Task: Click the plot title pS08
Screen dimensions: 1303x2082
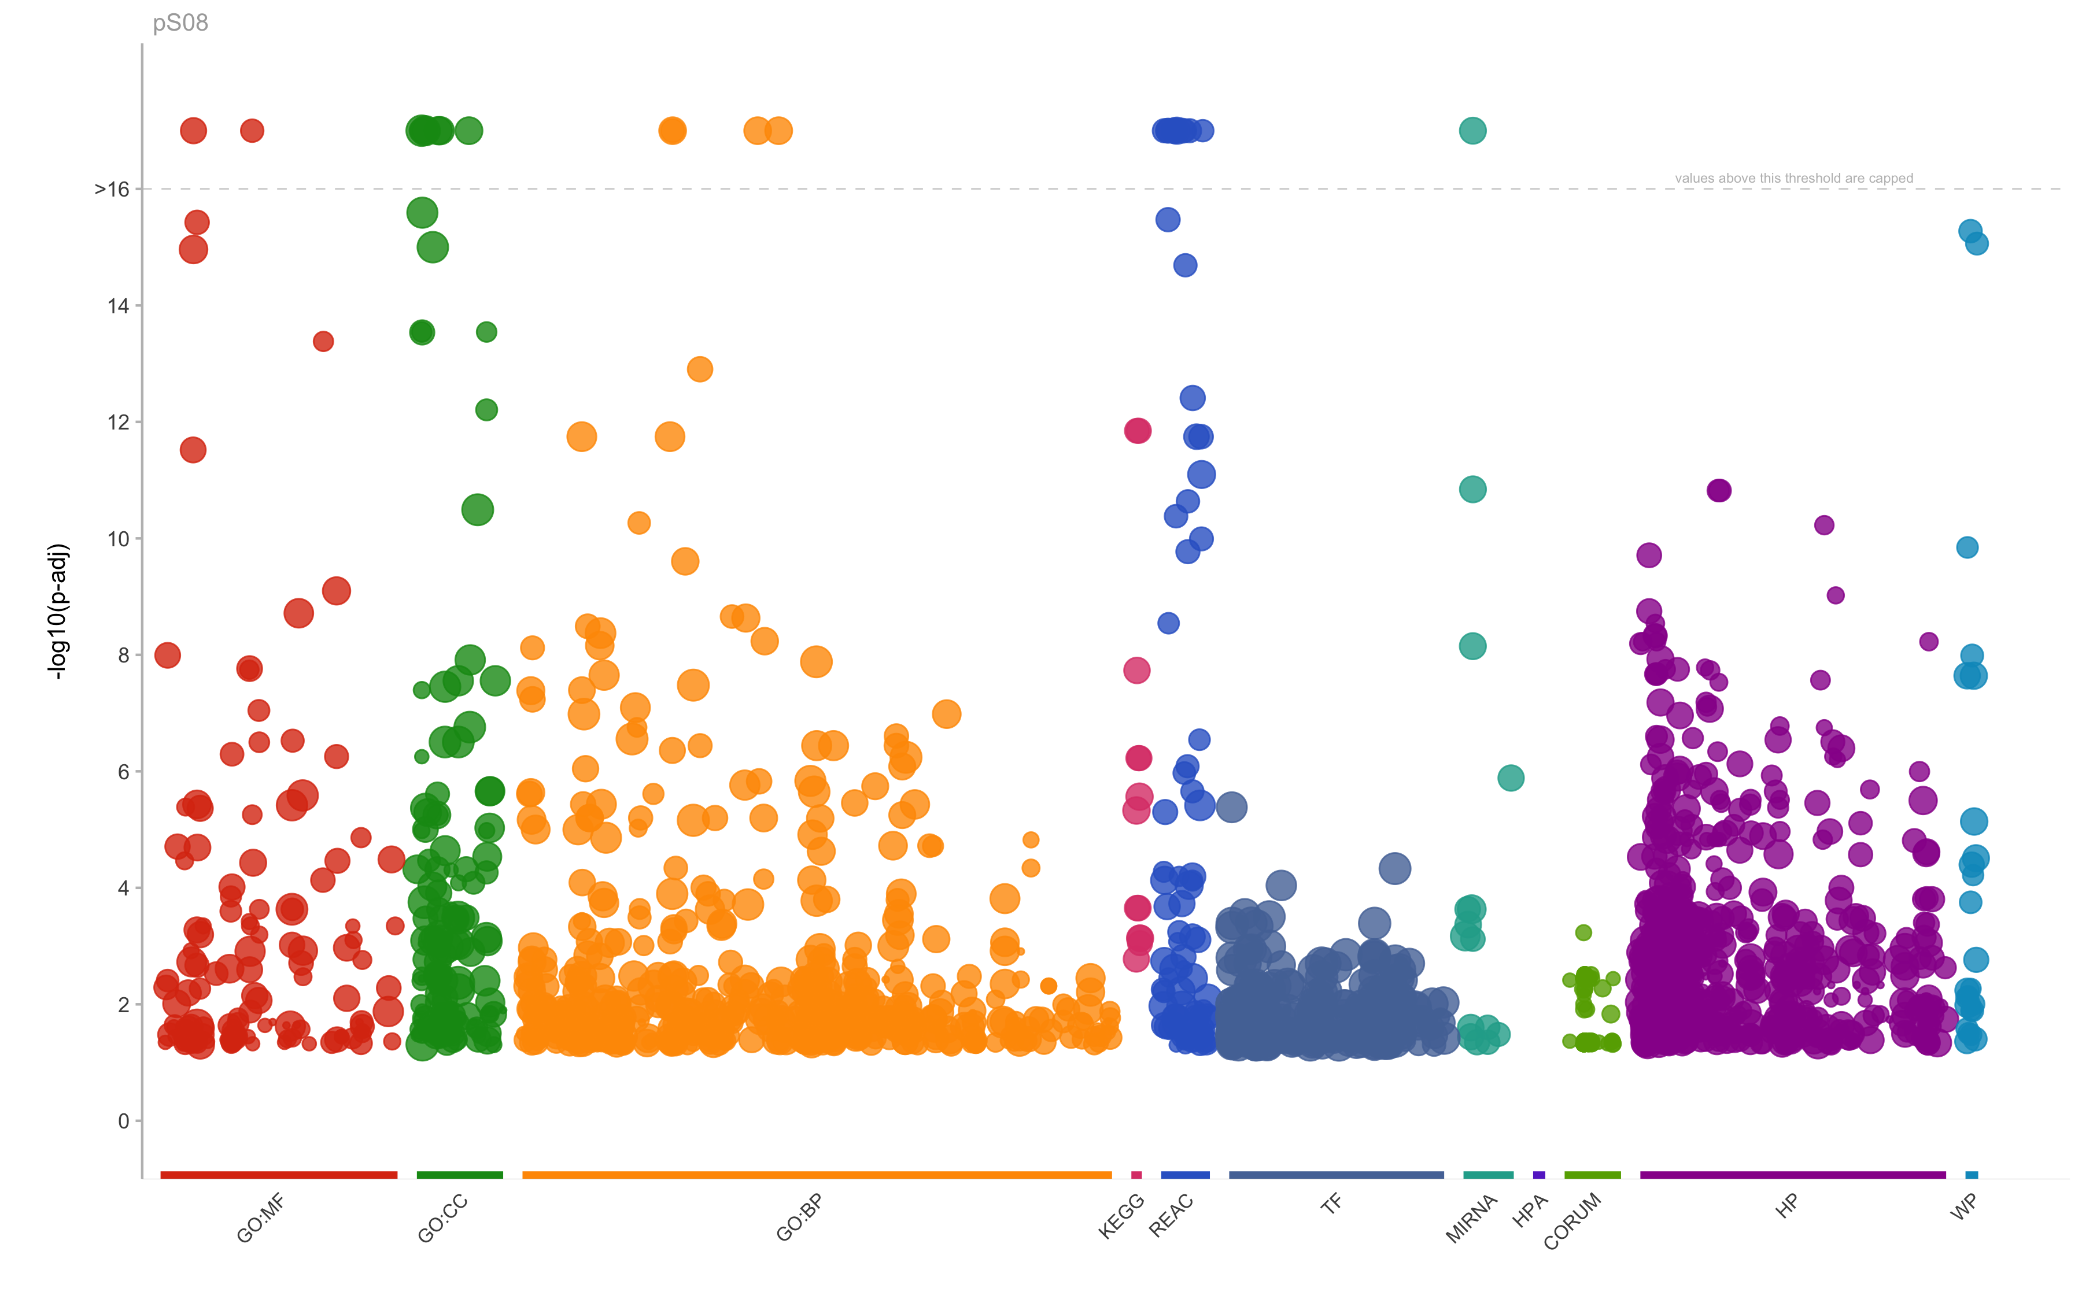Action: tap(180, 23)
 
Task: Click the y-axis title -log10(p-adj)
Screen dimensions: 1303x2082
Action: tap(58, 611)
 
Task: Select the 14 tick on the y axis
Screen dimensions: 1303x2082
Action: tap(118, 306)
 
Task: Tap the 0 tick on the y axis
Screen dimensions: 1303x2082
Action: tap(123, 1121)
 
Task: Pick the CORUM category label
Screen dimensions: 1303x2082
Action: tap(1572, 1221)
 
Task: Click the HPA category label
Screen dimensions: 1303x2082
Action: tap(1530, 1211)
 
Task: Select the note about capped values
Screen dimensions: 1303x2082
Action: tap(1793, 179)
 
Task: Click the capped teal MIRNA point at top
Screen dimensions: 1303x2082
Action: tap(1472, 131)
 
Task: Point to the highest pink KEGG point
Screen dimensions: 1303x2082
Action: tap(1137, 430)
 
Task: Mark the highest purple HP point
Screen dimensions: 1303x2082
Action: tap(1718, 490)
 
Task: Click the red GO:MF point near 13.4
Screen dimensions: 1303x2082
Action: tap(323, 341)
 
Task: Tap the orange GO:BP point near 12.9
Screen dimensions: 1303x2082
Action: tap(699, 369)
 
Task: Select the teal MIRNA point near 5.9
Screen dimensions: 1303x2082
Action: tap(1509, 778)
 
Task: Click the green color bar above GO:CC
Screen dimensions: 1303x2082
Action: tap(460, 1175)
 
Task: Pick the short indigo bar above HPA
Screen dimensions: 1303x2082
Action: tap(1539, 1175)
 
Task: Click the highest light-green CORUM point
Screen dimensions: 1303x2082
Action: tap(1583, 932)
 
